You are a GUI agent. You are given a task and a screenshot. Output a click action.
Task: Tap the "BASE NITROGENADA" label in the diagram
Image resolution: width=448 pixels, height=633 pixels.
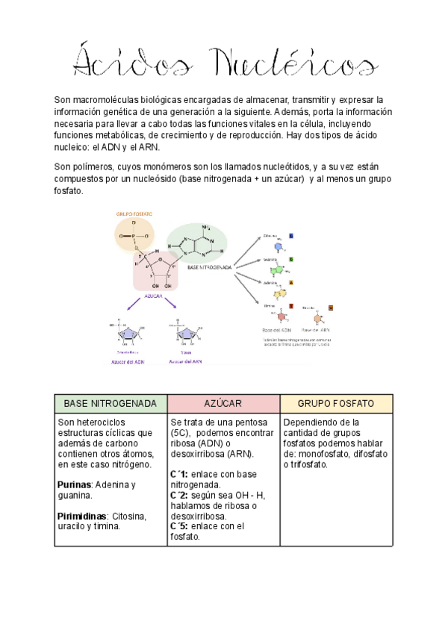point(209,266)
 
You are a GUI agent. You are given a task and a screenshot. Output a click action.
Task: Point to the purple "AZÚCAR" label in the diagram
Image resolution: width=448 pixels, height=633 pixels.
point(154,296)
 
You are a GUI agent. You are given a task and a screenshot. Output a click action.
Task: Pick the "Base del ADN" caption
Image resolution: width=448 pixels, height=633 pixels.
point(276,329)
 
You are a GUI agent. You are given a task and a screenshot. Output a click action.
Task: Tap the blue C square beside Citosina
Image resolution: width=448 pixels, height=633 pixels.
point(291,236)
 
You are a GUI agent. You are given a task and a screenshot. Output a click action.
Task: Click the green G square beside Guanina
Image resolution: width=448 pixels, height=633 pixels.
point(291,259)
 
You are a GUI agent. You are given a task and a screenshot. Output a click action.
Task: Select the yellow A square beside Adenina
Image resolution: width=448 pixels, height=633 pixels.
point(291,282)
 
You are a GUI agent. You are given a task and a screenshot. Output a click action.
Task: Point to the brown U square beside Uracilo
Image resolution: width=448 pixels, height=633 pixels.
point(331,307)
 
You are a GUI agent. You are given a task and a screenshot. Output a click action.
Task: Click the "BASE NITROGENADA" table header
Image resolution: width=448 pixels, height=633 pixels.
point(111,404)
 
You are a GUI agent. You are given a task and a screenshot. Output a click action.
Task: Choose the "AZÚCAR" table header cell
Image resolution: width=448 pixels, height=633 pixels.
point(223,404)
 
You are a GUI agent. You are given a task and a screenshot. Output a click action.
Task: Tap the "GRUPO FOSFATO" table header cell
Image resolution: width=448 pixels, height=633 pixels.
point(336,404)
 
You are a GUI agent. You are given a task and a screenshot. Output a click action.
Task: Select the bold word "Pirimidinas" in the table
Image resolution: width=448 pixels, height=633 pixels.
point(82,516)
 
